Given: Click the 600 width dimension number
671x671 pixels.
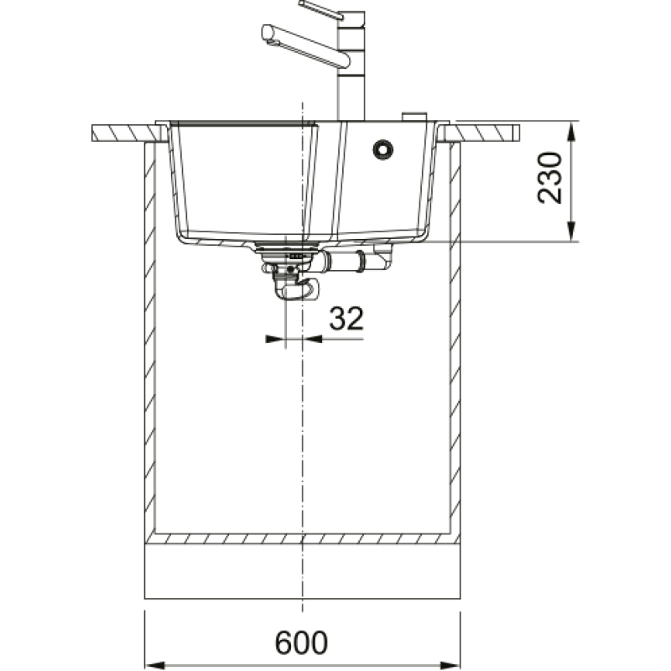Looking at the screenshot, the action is click(x=301, y=642).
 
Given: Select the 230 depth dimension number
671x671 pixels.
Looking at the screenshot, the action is click(x=549, y=178).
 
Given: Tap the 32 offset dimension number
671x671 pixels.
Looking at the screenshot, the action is click(x=346, y=318).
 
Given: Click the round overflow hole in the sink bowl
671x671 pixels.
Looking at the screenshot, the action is click(x=383, y=150).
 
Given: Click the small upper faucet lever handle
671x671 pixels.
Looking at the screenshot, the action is click(x=321, y=9).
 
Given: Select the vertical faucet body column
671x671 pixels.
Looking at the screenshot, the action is click(x=351, y=66).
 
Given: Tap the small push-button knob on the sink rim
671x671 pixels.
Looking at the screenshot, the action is click(x=414, y=117).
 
